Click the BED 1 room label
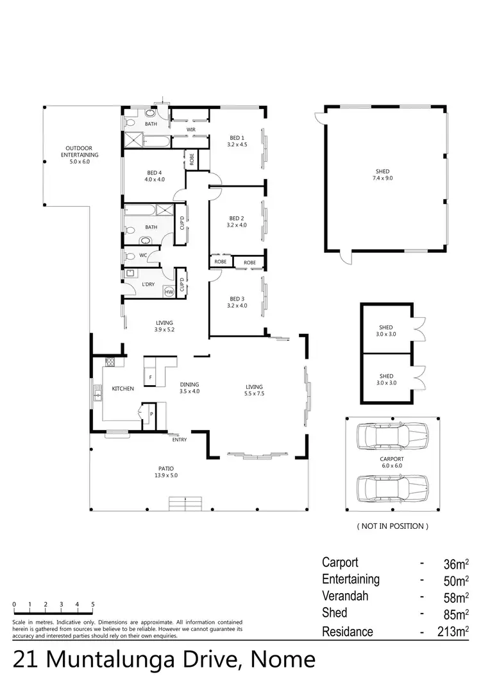pyautogui.click(x=237, y=141)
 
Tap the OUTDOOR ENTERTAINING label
pyautogui.click(x=80, y=151)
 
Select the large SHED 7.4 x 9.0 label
pyautogui.click(x=383, y=175)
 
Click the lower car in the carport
pyautogui.click(x=392, y=488)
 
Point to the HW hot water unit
pyautogui.click(x=169, y=292)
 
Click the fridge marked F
pyautogui.click(x=151, y=377)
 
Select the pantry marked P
pyautogui.click(x=151, y=414)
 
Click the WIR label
pyautogui.click(x=190, y=130)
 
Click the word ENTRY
pyautogui.click(x=180, y=440)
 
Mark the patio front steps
pyautogui.click(x=185, y=504)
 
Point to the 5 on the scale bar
pyautogui.click(x=93, y=605)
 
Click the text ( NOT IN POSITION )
pyautogui.click(x=392, y=526)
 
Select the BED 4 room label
pyautogui.click(x=155, y=176)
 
